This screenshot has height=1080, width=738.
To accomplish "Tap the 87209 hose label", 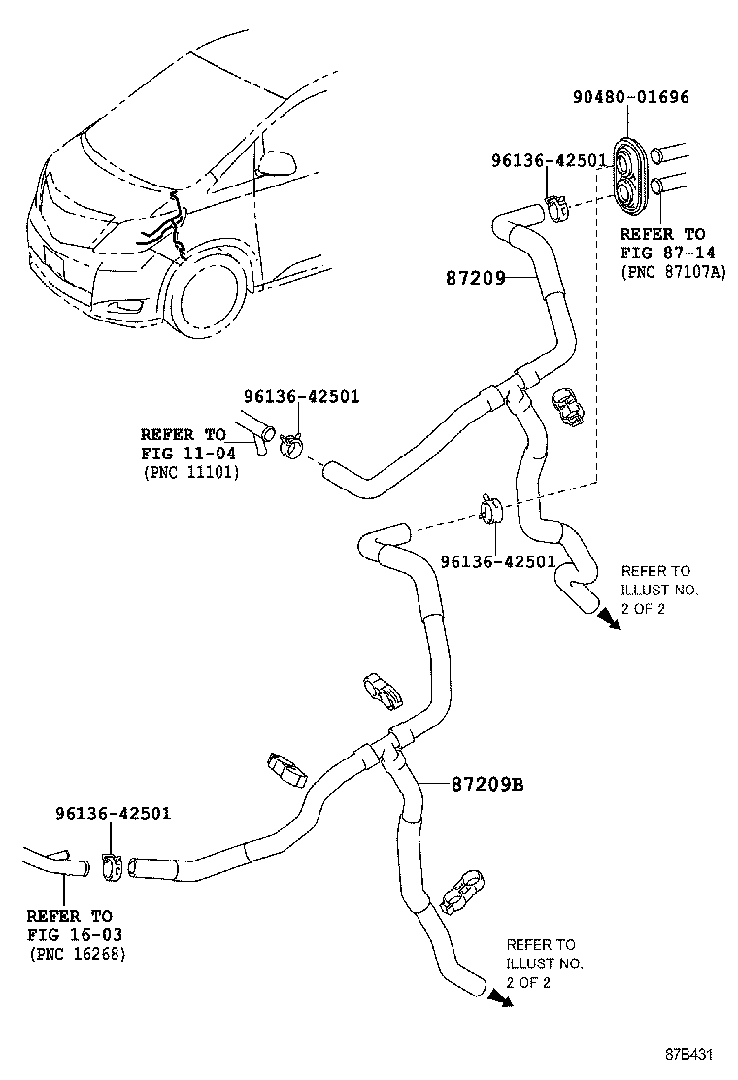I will (475, 278).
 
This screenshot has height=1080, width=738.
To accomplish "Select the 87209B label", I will (486, 784).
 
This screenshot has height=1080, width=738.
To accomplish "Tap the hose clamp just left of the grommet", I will (556, 207).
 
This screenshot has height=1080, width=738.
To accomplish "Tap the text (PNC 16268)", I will (76, 954).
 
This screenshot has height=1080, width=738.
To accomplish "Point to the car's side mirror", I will (278, 160).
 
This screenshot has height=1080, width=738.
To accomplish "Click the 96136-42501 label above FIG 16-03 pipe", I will (113, 812).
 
